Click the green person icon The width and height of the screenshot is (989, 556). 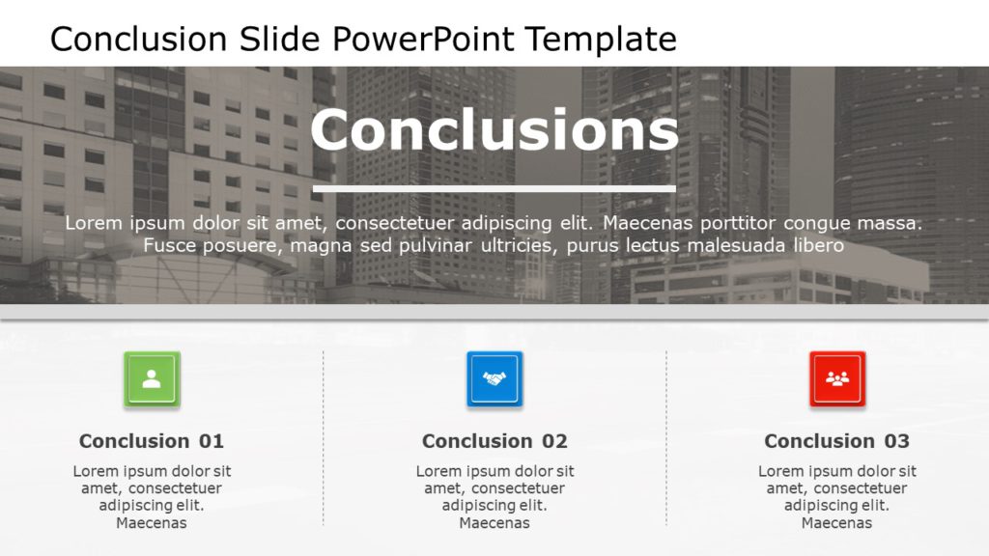tap(152, 378)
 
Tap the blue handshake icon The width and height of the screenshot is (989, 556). tap(494, 378)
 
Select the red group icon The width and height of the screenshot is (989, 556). tap(837, 378)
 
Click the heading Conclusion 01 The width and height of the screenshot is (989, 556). tap(152, 440)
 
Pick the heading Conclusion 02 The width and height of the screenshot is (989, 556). tap(494, 440)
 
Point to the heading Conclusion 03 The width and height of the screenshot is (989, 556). tap(837, 440)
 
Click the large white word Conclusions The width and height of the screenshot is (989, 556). tap(494, 129)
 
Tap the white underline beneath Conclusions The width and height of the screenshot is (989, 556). tap(494, 188)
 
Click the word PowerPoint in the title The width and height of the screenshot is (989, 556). tap(423, 39)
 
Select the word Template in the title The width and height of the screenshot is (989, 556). tap(601, 39)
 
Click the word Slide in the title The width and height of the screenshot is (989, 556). tap(279, 39)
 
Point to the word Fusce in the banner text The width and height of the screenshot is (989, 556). tap(166, 245)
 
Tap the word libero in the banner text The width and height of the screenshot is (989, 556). tap(819, 245)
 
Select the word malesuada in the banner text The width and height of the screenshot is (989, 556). tap(736, 245)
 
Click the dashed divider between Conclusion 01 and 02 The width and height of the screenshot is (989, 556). tap(324, 438)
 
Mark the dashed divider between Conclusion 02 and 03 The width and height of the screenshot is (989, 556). tap(666, 438)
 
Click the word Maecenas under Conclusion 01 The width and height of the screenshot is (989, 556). tap(152, 522)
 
